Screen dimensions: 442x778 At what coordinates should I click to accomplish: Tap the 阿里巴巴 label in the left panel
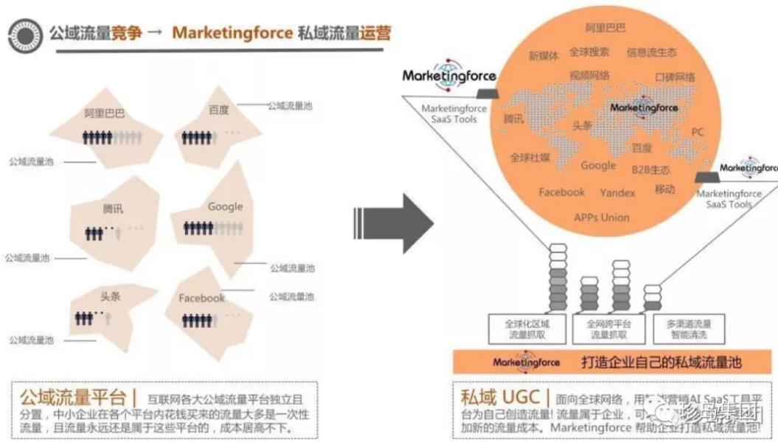point(105,113)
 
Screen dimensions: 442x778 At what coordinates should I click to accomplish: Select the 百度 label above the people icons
point(218,110)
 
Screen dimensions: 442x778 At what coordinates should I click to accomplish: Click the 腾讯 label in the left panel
point(113,208)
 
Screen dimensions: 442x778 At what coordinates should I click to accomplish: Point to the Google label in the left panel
point(225,206)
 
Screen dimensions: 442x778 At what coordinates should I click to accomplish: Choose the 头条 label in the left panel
point(111,296)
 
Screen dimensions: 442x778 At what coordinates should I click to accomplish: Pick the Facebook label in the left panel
point(201,298)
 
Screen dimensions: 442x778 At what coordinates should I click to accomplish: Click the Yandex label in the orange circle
point(617,192)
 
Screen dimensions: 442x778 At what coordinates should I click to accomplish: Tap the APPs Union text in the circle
point(602,217)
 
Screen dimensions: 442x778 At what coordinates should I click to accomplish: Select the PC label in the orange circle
point(698,132)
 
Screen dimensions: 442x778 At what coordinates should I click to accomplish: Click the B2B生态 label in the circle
point(650,169)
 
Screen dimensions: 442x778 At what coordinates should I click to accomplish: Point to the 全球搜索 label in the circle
point(589,52)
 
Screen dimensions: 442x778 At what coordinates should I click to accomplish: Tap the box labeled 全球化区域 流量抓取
point(527,329)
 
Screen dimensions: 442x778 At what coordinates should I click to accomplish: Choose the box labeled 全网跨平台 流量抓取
point(608,329)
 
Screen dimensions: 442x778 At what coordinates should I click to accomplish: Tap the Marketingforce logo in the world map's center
point(643,108)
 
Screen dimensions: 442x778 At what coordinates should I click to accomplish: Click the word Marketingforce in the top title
point(233,33)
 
